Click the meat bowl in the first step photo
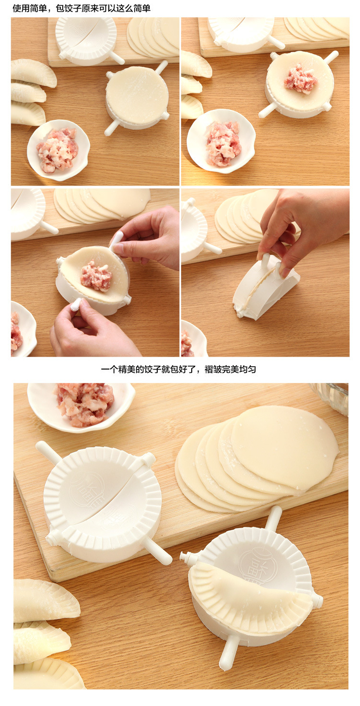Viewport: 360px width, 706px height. click(x=58, y=150)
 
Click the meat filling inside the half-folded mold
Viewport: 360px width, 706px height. click(x=96, y=276)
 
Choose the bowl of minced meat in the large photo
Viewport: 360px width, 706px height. click(x=81, y=405)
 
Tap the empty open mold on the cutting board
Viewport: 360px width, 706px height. click(x=102, y=503)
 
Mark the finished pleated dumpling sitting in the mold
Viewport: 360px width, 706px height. click(x=249, y=594)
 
